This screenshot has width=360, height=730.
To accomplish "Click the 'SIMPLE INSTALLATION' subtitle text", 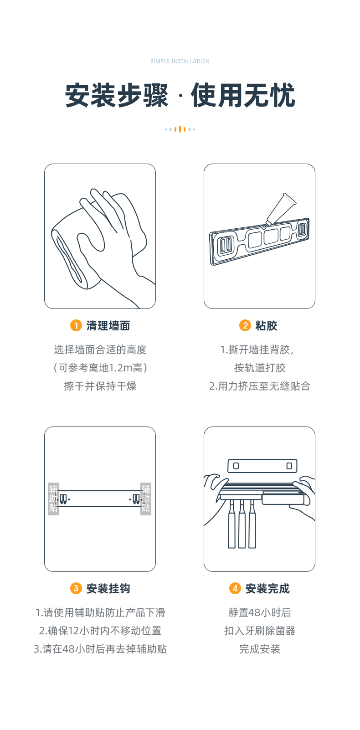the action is point(180,61).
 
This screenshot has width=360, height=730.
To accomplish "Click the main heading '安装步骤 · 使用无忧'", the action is point(180,95).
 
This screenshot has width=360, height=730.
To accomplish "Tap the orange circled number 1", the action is point(76,325).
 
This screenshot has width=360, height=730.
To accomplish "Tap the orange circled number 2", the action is point(245,325).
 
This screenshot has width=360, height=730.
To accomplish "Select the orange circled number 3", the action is point(76,588).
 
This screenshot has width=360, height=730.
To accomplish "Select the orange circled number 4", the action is point(235,588).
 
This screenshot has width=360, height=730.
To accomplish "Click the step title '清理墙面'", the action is point(108,325).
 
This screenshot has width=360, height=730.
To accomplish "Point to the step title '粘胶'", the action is point(266,325).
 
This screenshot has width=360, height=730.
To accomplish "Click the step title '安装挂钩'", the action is point(108,589).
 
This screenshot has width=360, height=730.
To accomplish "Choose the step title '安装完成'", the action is point(267,589).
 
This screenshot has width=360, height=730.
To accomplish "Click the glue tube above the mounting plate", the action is point(281,209).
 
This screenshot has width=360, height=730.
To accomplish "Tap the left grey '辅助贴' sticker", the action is point(53,499).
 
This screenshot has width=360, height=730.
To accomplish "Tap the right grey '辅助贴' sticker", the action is point(146,499).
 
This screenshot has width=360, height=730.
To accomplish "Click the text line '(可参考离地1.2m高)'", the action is point(100,368).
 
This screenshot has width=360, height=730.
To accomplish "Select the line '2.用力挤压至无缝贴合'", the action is point(260,386).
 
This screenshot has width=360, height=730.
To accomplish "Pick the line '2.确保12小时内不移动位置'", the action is point(100,631).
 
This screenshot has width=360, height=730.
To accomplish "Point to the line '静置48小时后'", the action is point(260,613).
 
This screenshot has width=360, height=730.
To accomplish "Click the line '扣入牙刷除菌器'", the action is point(260,631).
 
